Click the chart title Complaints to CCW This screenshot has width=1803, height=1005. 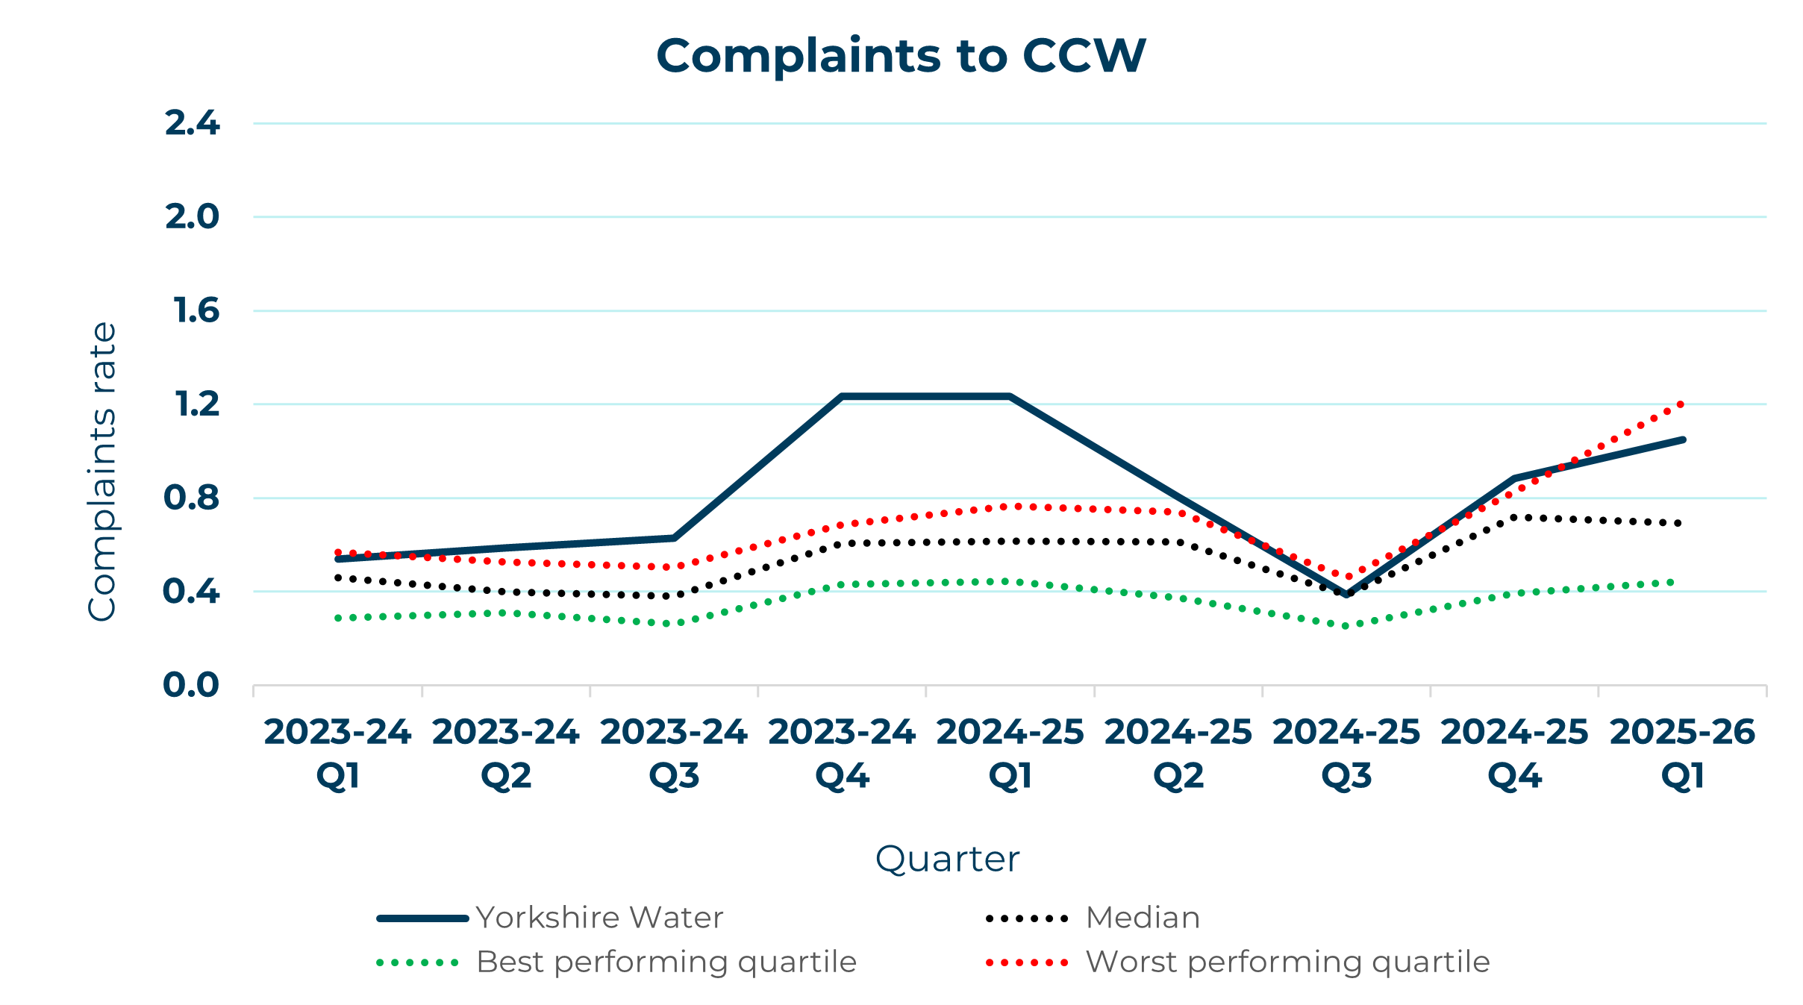901,56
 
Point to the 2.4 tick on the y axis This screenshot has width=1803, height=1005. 192,123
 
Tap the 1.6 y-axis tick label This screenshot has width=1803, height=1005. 196,310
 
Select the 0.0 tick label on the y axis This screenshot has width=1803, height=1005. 191,685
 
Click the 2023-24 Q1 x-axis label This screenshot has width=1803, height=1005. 337,754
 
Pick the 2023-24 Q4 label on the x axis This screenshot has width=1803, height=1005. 842,754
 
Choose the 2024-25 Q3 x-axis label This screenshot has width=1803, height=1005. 1346,754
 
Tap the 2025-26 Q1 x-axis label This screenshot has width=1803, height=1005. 1683,754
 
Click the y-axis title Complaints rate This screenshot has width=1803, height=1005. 103,472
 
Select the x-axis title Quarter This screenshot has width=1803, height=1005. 947,859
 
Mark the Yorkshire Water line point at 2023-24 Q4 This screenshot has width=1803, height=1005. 842,396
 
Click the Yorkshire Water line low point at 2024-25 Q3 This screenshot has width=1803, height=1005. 1346,595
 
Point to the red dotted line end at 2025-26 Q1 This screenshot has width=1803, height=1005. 1681,404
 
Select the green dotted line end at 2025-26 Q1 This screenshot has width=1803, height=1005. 1672,583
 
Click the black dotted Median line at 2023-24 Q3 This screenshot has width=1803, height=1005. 674,595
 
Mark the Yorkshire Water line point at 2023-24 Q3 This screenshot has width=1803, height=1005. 674,537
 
